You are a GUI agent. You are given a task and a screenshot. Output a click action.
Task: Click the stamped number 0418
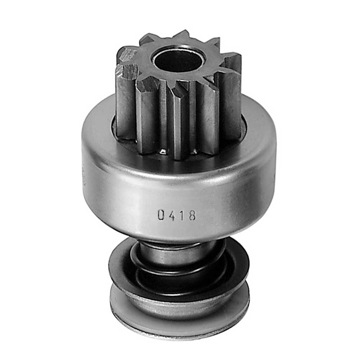point(176,215)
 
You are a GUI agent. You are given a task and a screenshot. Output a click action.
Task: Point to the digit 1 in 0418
point(181,215)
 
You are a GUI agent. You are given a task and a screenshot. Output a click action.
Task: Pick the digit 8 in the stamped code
point(192,215)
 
